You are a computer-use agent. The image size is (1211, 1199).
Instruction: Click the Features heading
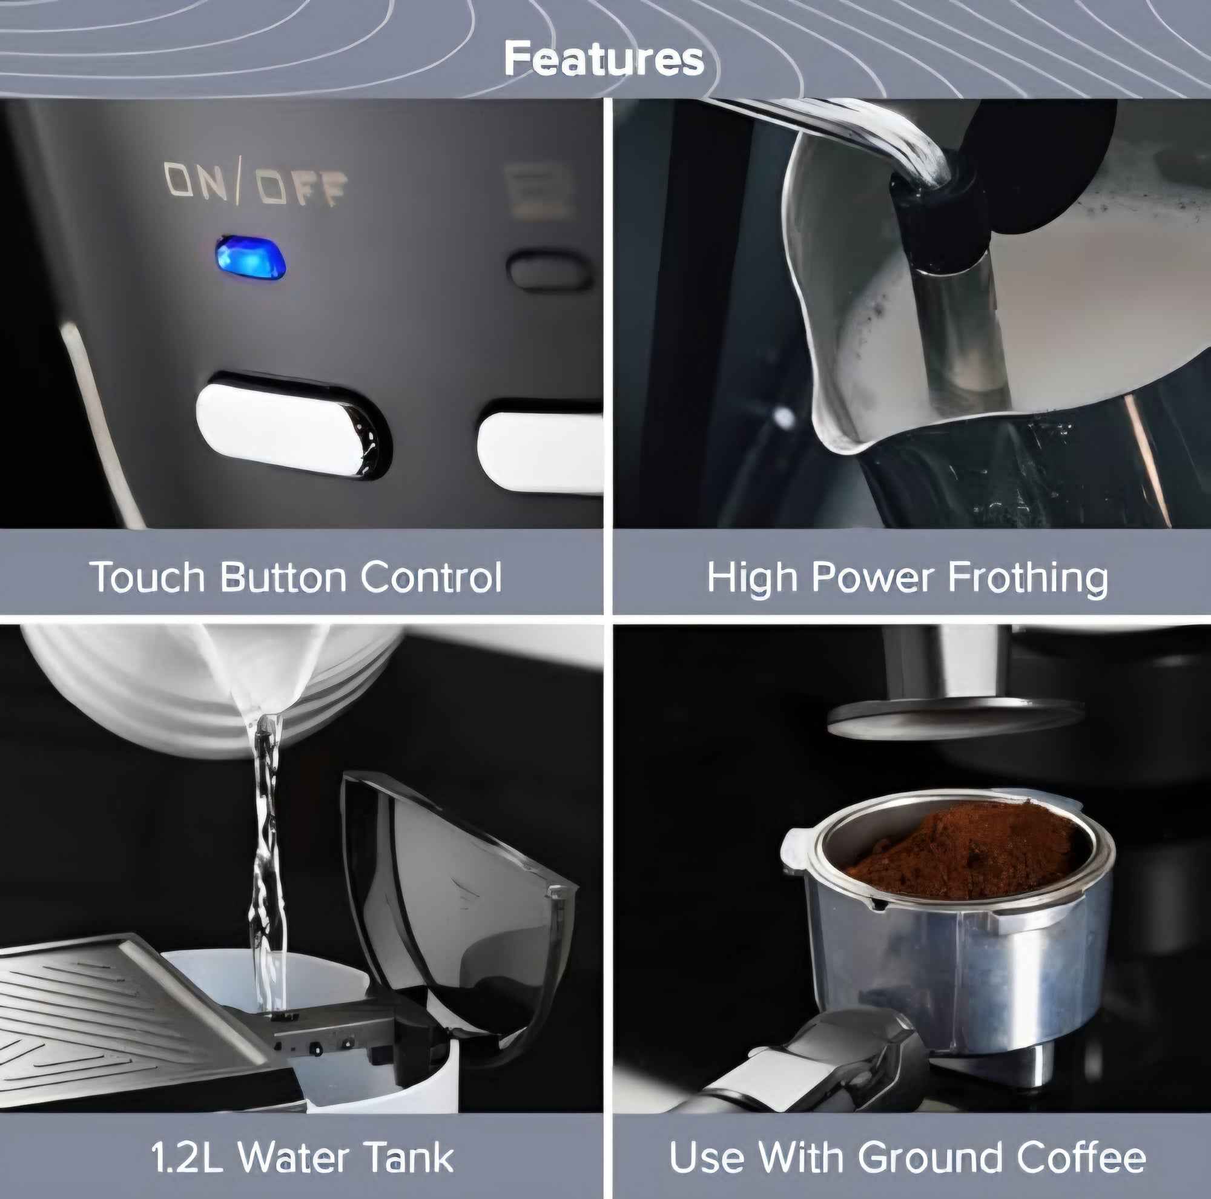[x=604, y=59]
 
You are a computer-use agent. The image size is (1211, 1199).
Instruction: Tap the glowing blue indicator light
[x=251, y=257]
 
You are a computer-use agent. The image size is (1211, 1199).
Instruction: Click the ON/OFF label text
[x=255, y=185]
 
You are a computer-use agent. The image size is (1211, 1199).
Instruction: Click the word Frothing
[x=1028, y=576]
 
